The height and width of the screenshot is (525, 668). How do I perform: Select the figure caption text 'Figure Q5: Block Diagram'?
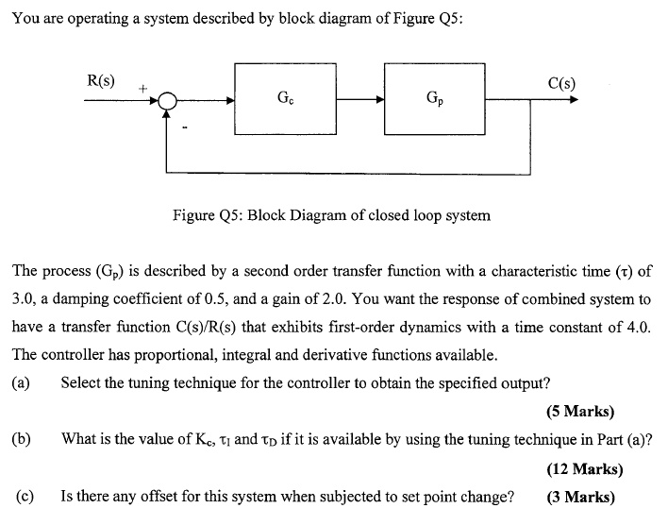tap(331, 215)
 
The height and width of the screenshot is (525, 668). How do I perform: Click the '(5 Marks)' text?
tap(579, 412)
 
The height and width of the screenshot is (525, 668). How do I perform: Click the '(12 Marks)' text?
tap(584, 468)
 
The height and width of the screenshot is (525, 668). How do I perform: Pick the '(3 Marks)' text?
tap(580, 497)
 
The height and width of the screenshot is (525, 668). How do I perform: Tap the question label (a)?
tap(22, 383)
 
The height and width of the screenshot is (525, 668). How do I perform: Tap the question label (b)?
tap(22, 439)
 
